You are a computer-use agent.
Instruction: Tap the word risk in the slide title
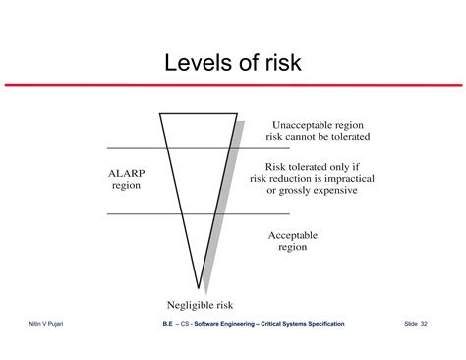click(283, 63)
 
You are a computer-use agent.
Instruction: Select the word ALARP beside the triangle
click(127, 173)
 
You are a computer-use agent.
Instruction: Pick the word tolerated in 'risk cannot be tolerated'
click(351, 137)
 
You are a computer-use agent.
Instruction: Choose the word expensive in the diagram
click(337, 191)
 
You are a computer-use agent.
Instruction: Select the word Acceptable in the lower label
click(293, 235)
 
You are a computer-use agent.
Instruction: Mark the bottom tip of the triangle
click(199, 288)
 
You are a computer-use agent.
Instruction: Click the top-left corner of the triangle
click(160, 114)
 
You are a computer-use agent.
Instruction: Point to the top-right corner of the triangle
click(237, 114)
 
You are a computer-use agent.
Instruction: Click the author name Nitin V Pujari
click(46, 324)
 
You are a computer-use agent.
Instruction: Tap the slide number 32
click(424, 324)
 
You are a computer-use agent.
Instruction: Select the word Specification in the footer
click(326, 324)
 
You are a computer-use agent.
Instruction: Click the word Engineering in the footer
click(238, 324)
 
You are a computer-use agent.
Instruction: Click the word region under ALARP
click(126, 186)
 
